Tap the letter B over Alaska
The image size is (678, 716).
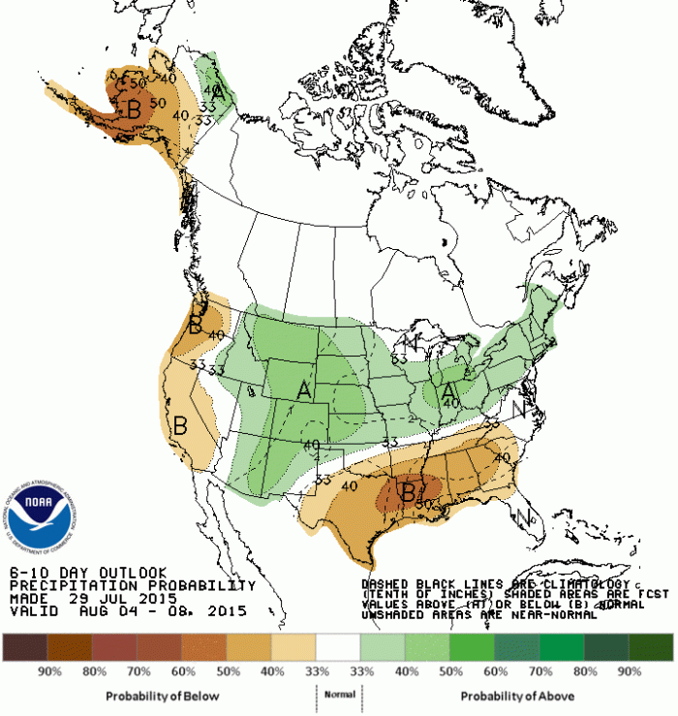tap(134, 109)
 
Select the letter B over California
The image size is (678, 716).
tap(179, 424)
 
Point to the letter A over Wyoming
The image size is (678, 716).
tap(304, 390)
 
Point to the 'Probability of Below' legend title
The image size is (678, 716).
tap(162, 696)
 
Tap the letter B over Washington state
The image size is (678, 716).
tap(196, 326)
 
